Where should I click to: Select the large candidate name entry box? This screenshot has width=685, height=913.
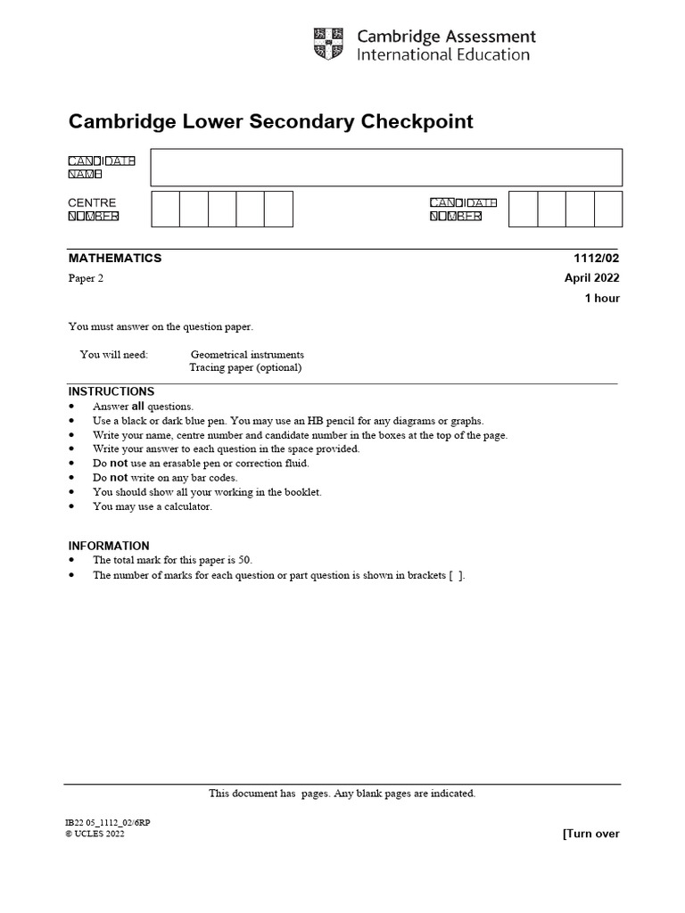(x=385, y=168)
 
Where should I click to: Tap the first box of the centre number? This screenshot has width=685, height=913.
(x=166, y=210)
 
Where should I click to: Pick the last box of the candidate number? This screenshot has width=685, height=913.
(x=607, y=210)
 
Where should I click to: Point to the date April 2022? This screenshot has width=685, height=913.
(x=591, y=278)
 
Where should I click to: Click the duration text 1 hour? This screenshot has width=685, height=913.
(x=602, y=299)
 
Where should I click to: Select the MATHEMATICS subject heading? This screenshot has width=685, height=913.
(x=115, y=258)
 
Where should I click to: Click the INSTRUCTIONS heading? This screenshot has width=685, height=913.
(x=111, y=391)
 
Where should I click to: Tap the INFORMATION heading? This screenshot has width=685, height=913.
(x=109, y=546)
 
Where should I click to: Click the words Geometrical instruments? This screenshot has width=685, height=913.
(x=247, y=354)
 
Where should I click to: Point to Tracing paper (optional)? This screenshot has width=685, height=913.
(x=245, y=367)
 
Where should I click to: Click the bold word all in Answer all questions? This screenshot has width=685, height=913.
(x=138, y=407)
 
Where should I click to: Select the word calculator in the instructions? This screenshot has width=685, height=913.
(x=187, y=506)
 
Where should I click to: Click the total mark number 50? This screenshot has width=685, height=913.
(x=244, y=560)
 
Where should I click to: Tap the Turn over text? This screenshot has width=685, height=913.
(x=590, y=834)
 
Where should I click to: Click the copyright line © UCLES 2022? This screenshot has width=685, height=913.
(x=95, y=835)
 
